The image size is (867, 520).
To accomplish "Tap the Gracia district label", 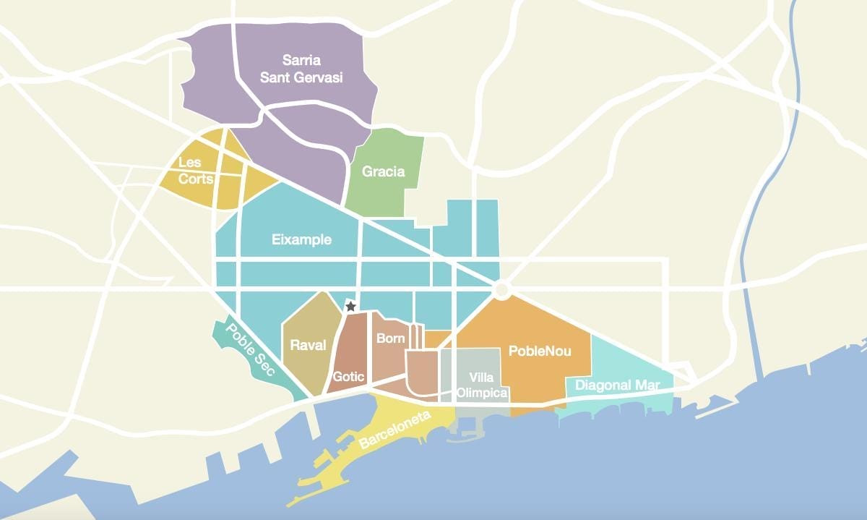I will pyautogui.click(x=383, y=172).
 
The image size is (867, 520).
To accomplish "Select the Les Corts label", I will pyautogui.click(x=195, y=171).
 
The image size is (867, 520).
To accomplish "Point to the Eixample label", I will pyautogui.click(x=301, y=239).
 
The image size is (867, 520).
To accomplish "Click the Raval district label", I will pyautogui.click(x=308, y=345).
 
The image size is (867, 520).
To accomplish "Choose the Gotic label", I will pyautogui.click(x=349, y=376).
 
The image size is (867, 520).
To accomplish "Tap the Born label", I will pyautogui.click(x=390, y=338).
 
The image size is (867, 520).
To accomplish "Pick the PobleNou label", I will pyautogui.click(x=540, y=351).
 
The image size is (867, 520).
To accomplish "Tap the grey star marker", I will pyautogui.click(x=350, y=307).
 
